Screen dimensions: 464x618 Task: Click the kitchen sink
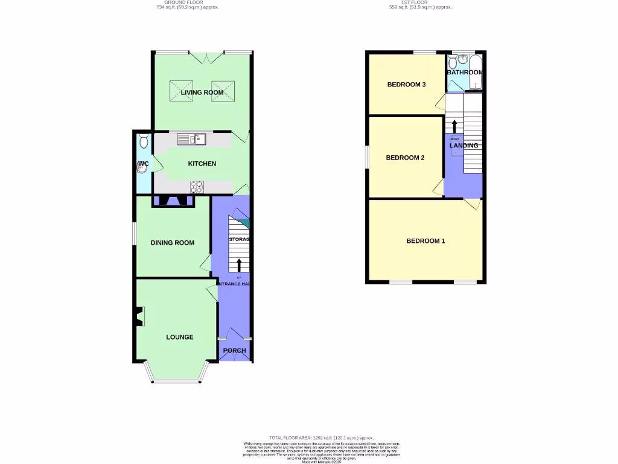192,140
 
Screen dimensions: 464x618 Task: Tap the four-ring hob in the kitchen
197,187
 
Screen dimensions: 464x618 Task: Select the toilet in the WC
143,142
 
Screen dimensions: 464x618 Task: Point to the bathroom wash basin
462,59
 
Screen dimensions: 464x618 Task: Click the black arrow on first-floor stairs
454,127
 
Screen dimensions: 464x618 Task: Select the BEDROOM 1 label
425,241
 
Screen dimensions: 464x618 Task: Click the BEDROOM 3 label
406,85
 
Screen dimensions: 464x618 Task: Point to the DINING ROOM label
173,243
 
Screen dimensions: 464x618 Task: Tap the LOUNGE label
180,337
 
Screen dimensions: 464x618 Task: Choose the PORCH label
234,351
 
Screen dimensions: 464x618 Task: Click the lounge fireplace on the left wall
139,317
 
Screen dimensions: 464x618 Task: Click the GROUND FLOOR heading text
187,3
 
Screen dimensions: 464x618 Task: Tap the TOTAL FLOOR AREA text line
321,437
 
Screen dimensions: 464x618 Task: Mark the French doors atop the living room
205,57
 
